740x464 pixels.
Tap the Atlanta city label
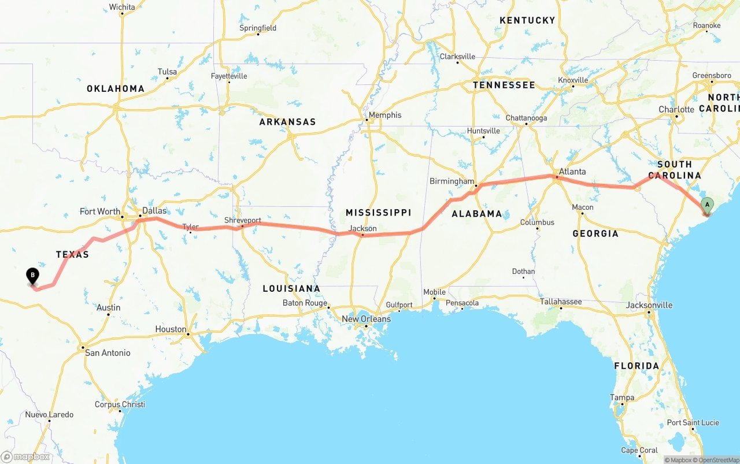click(x=572, y=172)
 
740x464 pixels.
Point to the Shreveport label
click(x=243, y=221)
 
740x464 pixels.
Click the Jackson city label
click(x=363, y=229)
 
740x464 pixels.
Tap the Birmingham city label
click(x=452, y=181)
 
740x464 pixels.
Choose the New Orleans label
click(x=366, y=319)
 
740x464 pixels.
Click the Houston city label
click(x=171, y=329)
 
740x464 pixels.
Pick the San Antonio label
click(x=108, y=352)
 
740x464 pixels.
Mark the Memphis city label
click(x=384, y=116)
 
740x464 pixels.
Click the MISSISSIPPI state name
click(x=378, y=213)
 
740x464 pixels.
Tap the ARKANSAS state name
click(x=287, y=122)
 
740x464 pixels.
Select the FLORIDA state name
click(x=637, y=366)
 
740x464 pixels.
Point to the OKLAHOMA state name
click(x=116, y=88)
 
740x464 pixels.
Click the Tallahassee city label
click(x=561, y=302)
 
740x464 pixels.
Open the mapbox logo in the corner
click(x=26, y=456)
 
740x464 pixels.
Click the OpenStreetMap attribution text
click(x=719, y=460)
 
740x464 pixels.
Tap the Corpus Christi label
click(x=120, y=404)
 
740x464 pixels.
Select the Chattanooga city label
click(x=526, y=118)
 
